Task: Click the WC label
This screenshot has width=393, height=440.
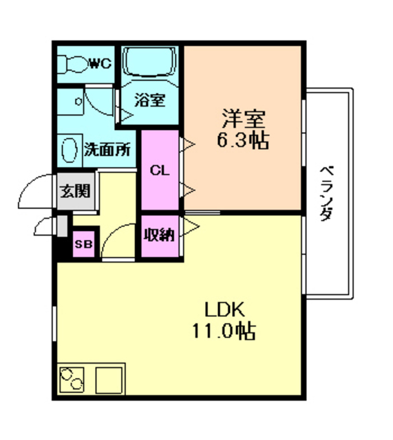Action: coord(99,64)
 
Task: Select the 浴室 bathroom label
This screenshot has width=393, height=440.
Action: coord(149,100)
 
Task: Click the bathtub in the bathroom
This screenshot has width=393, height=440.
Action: coord(150,66)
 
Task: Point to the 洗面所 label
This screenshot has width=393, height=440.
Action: coord(107,149)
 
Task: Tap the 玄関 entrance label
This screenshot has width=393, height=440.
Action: coord(74,191)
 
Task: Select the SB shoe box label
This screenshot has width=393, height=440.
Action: coord(83,244)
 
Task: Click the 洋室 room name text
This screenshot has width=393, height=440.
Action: coord(243,118)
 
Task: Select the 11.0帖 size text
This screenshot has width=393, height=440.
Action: coord(224,331)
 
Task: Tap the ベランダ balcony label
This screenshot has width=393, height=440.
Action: coord(328,192)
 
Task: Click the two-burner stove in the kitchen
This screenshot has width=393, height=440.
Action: coord(72,378)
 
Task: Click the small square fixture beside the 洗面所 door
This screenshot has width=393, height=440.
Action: coord(78,101)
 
